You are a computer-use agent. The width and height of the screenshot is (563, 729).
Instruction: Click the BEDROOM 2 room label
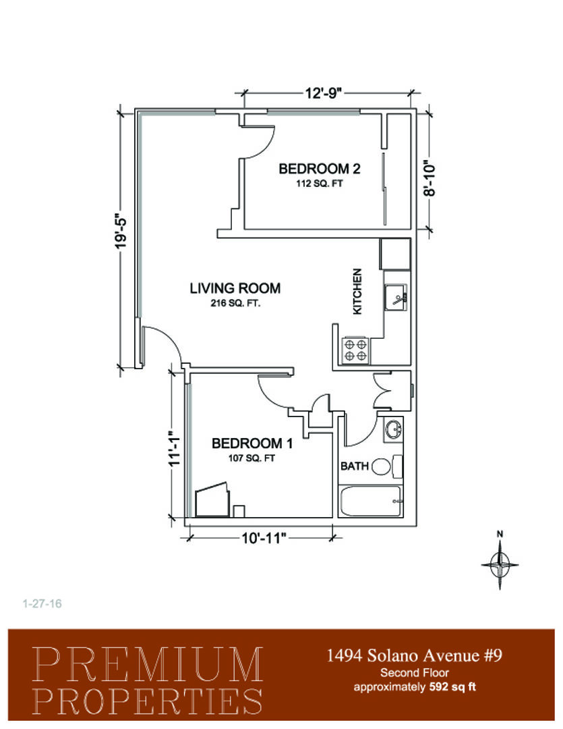tap(319, 168)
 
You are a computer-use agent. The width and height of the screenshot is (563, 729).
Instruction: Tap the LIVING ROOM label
tap(235, 288)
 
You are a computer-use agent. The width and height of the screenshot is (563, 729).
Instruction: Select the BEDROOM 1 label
tap(251, 443)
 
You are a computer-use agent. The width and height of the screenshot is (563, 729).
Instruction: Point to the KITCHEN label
tap(357, 292)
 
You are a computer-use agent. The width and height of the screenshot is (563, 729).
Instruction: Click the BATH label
tap(354, 466)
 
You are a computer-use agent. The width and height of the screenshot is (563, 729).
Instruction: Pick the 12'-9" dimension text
tap(324, 93)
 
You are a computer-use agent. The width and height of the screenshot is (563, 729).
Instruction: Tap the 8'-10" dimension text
tap(429, 179)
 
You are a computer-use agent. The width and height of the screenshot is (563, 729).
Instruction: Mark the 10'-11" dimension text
tap(262, 539)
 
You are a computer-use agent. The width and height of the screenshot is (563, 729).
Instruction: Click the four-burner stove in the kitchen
tap(355, 350)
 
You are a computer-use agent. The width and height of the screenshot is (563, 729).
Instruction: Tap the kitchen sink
tap(395, 298)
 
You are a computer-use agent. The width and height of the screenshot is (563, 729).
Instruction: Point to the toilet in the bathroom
tap(387, 466)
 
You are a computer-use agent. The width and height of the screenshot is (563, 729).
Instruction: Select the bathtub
tap(370, 501)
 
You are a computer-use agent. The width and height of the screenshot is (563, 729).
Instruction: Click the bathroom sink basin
tap(394, 429)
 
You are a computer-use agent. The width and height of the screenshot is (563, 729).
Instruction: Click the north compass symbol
tap(500, 562)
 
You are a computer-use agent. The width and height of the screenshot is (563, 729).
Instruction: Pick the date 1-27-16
tap(42, 603)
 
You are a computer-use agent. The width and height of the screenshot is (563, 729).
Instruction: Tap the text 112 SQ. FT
tap(319, 184)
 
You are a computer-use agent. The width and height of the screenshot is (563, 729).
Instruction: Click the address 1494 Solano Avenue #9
tap(415, 655)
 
